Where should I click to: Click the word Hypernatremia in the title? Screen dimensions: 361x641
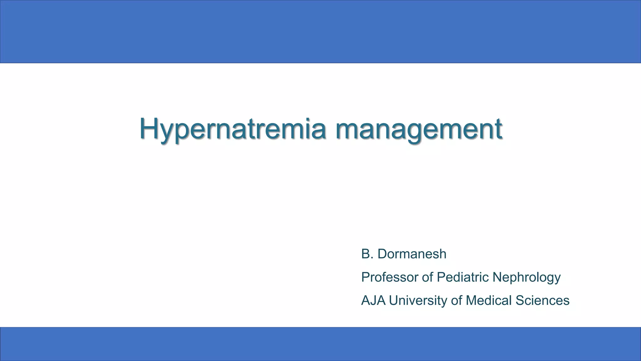pyautogui.click(x=233, y=129)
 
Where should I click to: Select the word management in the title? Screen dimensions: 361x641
pyautogui.click(x=419, y=129)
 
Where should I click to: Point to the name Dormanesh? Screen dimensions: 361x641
pyautogui.click(x=412, y=254)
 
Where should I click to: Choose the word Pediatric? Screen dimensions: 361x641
pyautogui.click(x=463, y=277)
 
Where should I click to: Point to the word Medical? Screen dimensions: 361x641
pyautogui.click(x=489, y=300)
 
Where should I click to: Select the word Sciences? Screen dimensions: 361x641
pyautogui.click(x=542, y=300)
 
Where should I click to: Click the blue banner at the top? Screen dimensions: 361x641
pyautogui.click(x=320, y=31)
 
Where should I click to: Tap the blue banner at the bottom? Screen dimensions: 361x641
pyautogui.click(x=320, y=344)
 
